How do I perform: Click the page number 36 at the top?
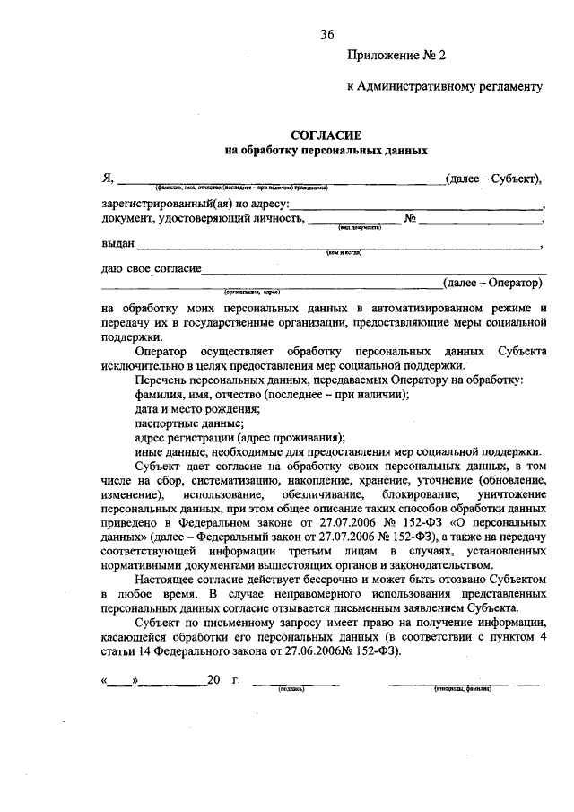(327, 34)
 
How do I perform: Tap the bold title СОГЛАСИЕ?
(326, 135)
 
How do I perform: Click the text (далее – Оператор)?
(493, 283)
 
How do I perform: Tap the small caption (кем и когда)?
(343, 253)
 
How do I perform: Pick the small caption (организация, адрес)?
(253, 292)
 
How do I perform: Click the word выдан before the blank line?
(118, 243)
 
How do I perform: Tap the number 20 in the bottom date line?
(213, 680)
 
